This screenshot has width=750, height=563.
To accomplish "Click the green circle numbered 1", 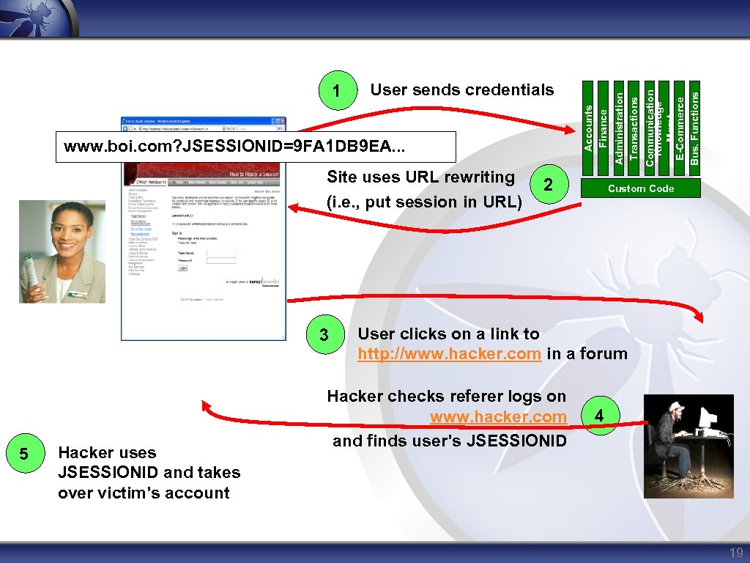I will coord(337,91).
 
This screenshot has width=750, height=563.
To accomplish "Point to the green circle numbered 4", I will coord(599,416).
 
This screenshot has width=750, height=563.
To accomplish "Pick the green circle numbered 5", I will coord(24,455).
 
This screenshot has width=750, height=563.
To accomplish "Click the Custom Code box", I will coord(641,188).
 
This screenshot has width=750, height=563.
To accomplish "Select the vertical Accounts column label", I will coord(588,128).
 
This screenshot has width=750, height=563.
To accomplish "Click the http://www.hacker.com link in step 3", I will coord(449,354).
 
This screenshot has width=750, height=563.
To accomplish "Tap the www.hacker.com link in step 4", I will coord(498,417).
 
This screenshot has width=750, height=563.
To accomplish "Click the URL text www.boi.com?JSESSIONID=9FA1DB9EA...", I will coord(234,147).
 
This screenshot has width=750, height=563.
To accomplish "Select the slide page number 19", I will coord(735,553).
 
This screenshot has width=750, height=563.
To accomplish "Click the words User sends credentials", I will coord(462,90).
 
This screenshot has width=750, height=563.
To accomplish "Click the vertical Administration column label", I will coord(619,124).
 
